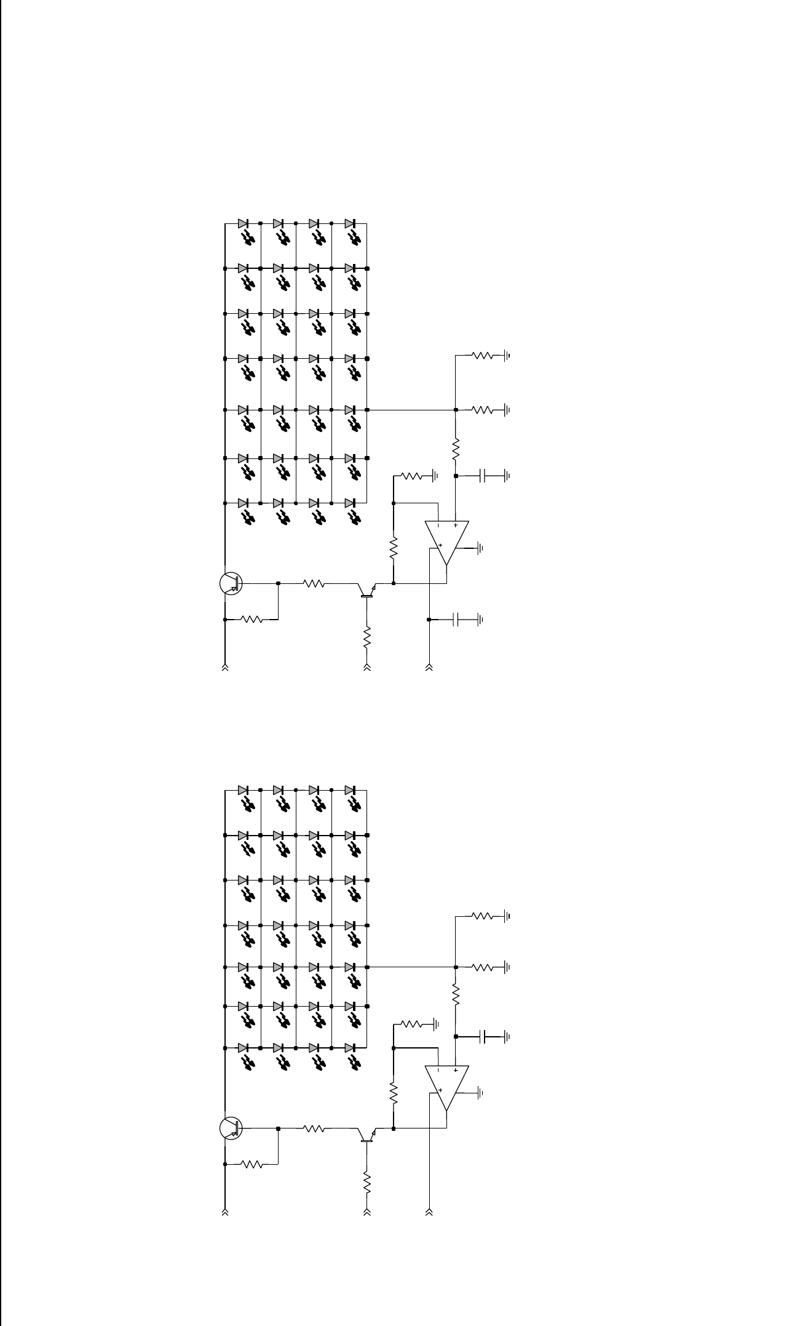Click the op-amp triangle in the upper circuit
[447, 541]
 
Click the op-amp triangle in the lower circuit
[447, 1087]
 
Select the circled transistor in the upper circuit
[231, 583]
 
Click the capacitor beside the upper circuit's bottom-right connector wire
[456, 620]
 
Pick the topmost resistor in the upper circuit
[482, 356]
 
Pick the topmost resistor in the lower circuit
[482, 916]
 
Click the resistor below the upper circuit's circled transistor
[253, 620]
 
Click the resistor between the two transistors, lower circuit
[314, 1128]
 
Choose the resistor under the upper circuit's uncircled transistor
[367, 637]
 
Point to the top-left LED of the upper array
[244, 224]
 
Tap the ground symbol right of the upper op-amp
[481, 548]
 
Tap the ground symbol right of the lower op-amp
[481, 1093]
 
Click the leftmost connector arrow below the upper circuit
[225, 667]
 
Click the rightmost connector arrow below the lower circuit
[429, 1213]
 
